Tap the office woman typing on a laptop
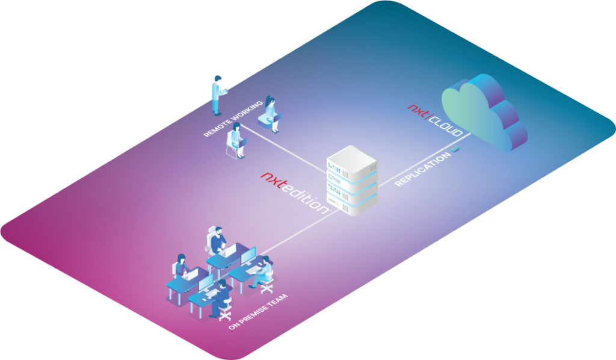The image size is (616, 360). point(182,267)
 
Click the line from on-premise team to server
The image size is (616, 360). point(295,232)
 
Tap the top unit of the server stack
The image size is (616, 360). point(351,158)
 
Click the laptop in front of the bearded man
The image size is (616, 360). point(229,252)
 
